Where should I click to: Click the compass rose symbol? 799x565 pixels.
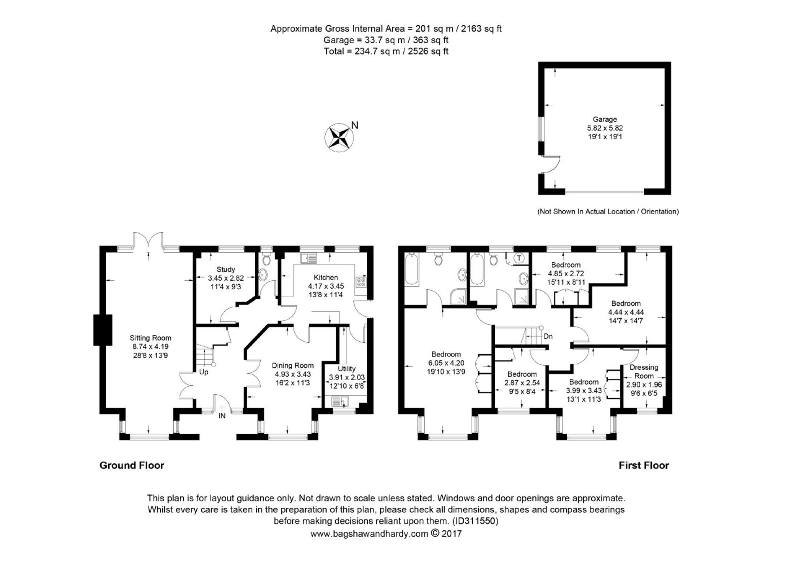pyautogui.click(x=339, y=138)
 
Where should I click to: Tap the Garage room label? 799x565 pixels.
pyautogui.click(x=604, y=119)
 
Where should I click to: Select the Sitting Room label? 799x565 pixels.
pyautogui.click(x=150, y=338)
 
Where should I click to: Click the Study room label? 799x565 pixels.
pyautogui.click(x=226, y=269)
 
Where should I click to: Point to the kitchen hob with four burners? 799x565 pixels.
pyautogui.click(x=361, y=282)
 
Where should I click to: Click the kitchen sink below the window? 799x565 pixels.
pyautogui.click(x=308, y=258)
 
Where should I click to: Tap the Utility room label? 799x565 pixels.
pyautogui.click(x=346, y=368)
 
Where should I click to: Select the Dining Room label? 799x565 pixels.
pyautogui.click(x=293, y=365)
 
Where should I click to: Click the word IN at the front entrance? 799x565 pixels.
pyautogui.click(x=222, y=416)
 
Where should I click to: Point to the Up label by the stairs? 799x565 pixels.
pyautogui.click(x=203, y=372)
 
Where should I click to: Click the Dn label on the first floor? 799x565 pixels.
pyautogui.click(x=548, y=336)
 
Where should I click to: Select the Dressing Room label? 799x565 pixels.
pyautogui.click(x=644, y=371)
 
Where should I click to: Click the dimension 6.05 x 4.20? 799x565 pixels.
pyautogui.click(x=446, y=363)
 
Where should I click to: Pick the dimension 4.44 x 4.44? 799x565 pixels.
pyautogui.click(x=626, y=312)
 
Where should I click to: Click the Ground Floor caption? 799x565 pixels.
pyautogui.click(x=132, y=465)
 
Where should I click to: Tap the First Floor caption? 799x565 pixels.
pyautogui.click(x=643, y=465)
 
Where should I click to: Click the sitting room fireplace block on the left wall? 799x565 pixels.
pyautogui.click(x=103, y=330)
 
